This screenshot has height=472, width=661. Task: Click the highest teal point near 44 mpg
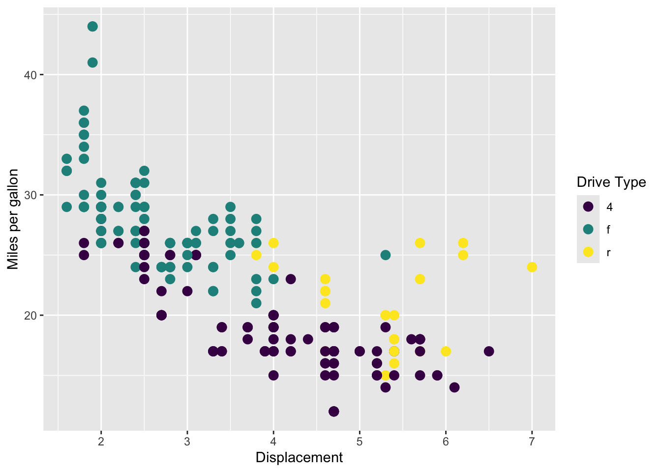click(x=92, y=27)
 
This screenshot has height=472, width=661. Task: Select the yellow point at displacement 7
click(x=532, y=267)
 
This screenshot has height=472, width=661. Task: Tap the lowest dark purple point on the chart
click(x=334, y=411)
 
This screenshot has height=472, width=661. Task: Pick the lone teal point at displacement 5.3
click(x=386, y=255)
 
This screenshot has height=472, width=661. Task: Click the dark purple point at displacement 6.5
click(x=489, y=352)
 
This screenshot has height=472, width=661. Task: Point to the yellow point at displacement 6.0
click(x=446, y=352)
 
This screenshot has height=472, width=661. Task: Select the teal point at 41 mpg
click(x=92, y=62)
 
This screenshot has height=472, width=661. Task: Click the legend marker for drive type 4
click(x=588, y=206)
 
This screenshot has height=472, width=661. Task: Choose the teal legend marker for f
click(x=588, y=229)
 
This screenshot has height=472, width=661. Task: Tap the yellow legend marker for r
click(x=588, y=252)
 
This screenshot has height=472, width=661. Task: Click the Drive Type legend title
click(x=611, y=182)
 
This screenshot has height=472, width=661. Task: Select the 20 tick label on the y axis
click(x=30, y=316)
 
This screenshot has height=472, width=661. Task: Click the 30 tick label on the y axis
click(x=30, y=195)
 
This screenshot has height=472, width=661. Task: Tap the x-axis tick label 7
click(x=532, y=442)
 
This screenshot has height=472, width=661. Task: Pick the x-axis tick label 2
click(x=101, y=442)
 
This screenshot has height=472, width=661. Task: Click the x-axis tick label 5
click(x=360, y=442)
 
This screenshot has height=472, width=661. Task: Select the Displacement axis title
click(x=299, y=458)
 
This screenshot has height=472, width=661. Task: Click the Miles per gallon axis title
click(x=13, y=219)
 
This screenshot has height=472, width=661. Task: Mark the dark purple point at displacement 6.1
click(x=454, y=387)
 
